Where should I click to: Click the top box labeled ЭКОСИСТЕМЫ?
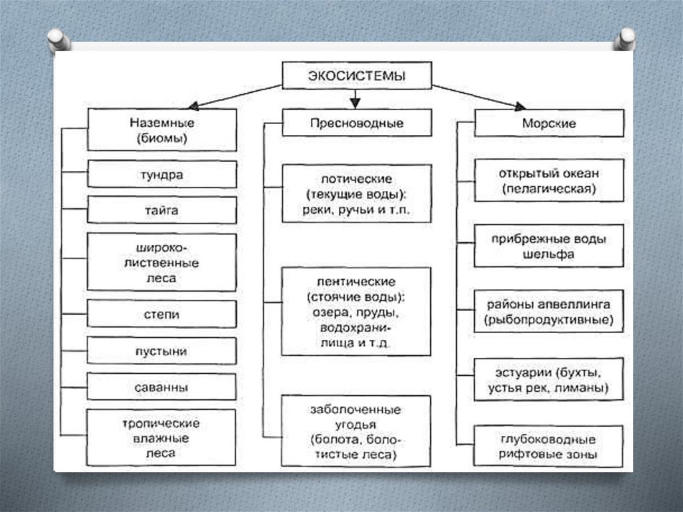(x=357, y=75)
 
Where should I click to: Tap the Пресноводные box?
(x=357, y=123)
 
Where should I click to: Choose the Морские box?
(x=549, y=123)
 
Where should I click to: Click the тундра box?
(x=161, y=175)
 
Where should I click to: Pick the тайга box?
(x=161, y=210)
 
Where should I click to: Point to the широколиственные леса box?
(x=161, y=262)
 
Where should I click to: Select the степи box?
(x=161, y=314)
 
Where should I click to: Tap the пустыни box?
(x=161, y=350)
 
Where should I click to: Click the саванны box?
(x=161, y=387)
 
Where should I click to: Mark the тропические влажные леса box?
(x=161, y=438)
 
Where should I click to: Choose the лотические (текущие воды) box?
(x=357, y=194)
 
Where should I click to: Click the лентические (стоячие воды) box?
(x=357, y=312)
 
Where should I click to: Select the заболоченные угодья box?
(x=357, y=431)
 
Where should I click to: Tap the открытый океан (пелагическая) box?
(x=549, y=180)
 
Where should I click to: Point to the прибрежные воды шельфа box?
(x=549, y=246)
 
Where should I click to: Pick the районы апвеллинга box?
(x=549, y=312)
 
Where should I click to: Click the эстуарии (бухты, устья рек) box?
(x=549, y=379)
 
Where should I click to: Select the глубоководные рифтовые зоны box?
(x=549, y=446)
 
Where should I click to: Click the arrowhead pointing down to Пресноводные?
(x=356, y=102)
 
